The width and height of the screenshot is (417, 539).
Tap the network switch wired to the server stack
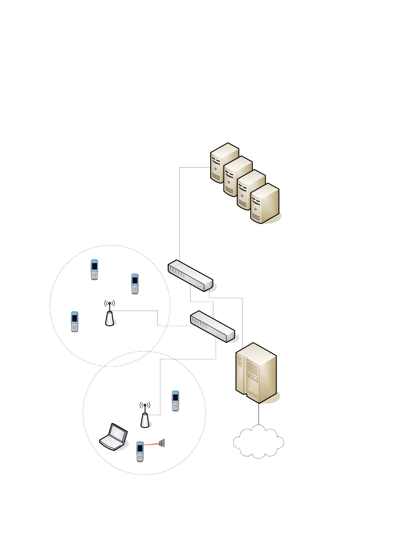(x=190, y=276)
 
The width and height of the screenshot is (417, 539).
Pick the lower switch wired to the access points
(x=212, y=326)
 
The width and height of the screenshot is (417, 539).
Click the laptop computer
(x=113, y=437)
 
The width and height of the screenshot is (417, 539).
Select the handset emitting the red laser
(x=140, y=451)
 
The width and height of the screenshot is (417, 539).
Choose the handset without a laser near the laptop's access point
(x=175, y=401)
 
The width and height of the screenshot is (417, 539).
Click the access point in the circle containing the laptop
(x=145, y=420)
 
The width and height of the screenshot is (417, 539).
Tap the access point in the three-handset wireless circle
(x=109, y=318)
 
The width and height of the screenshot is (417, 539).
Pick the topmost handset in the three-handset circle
(x=94, y=269)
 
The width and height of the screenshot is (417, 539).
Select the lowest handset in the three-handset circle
(x=74, y=321)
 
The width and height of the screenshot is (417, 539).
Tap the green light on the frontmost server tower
(x=255, y=209)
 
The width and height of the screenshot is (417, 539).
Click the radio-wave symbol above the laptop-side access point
(x=145, y=405)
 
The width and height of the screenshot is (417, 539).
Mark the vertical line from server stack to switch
(x=180, y=214)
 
